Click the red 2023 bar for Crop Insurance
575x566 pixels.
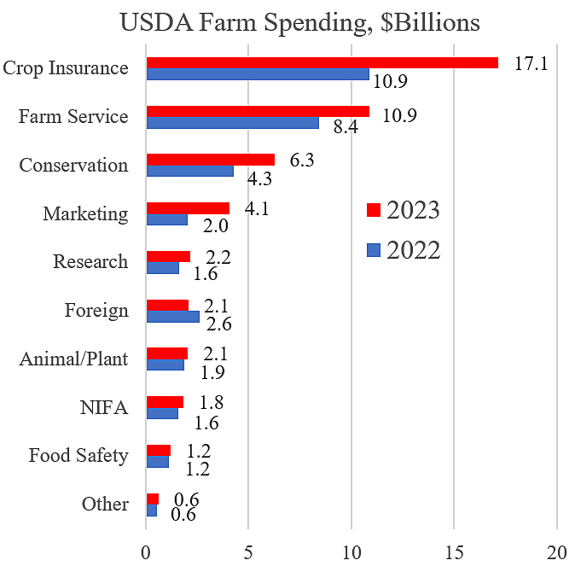click(x=322, y=62)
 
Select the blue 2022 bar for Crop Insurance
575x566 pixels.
click(x=258, y=74)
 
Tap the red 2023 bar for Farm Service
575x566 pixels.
click(x=258, y=111)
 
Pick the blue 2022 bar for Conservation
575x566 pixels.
click(x=189, y=171)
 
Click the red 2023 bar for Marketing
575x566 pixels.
click(x=188, y=207)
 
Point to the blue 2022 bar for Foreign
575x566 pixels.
click(x=172, y=316)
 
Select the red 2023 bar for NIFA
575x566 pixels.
click(x=165, y=402)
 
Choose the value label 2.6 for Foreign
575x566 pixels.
click(x=218, y=324)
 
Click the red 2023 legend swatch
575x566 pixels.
click(x=371, y=210)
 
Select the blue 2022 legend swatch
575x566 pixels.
click(x=371, y=249)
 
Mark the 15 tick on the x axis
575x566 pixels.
click(x=454, y=550)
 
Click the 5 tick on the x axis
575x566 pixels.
click(x=248, y=550)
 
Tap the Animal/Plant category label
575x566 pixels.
click(x=74, y=359)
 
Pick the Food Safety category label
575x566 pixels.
click(x=78, y=455)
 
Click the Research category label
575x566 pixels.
click(x=90, y=261)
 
